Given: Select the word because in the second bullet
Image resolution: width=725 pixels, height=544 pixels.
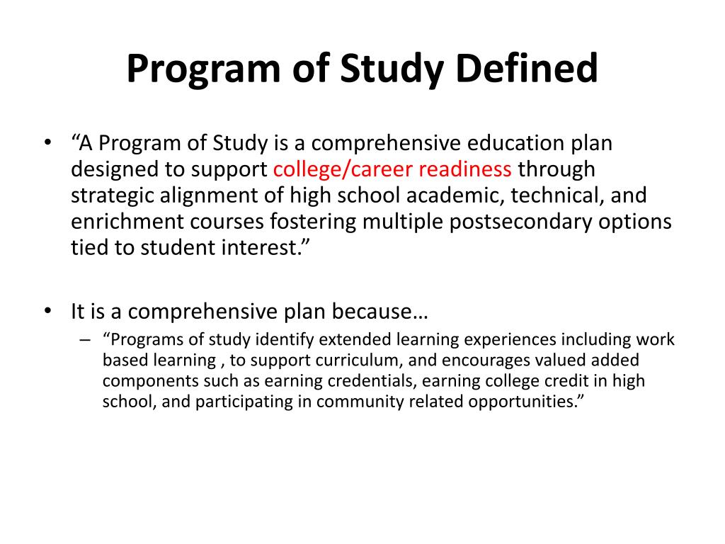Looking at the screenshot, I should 380,312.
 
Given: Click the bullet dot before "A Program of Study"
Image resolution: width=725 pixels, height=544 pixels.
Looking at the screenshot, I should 47,144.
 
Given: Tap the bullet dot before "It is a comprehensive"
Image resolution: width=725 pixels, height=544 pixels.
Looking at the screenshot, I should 47,312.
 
